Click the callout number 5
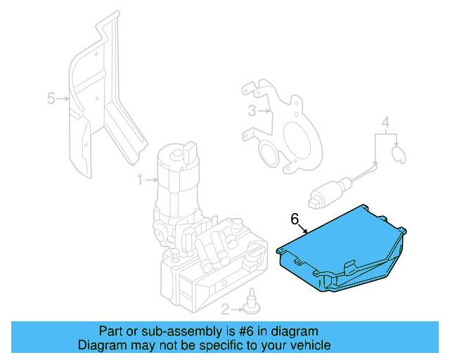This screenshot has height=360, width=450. click(51, 99)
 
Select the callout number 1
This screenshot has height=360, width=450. click(139, 180)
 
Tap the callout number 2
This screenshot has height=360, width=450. click(224, 309)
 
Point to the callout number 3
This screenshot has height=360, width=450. click(252, 110)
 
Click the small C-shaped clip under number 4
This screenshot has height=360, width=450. click(398, 154)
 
